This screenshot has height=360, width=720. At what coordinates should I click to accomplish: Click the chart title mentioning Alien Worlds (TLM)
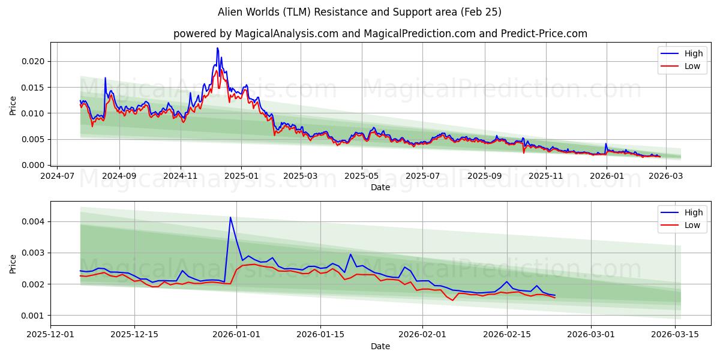(x=360, y=12)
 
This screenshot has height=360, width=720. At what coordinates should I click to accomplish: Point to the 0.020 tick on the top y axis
(x=34, y=61)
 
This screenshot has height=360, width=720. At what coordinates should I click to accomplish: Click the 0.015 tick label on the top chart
(x=34, y=88)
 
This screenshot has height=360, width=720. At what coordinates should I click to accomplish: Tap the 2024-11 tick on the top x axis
(x=181, y=176)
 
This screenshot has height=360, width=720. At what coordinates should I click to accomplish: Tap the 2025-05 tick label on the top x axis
(x=362, y=176)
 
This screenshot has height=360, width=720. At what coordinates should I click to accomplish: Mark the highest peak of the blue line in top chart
(x=217, y=48)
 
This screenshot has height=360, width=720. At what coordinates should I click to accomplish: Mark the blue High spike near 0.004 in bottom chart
(x=230, y=217)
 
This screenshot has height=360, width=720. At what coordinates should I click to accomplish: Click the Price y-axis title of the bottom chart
(x=13, y=263)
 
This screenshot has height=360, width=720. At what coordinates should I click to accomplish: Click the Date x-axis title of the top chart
(x=380, y=187)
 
